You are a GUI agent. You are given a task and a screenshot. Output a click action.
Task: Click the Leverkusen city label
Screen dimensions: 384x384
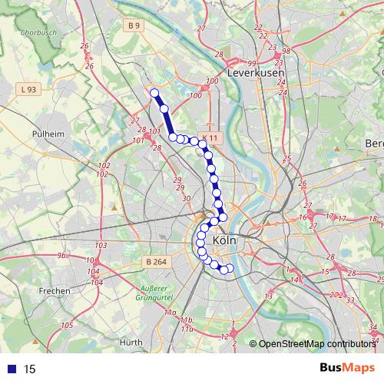pyautogui.click(x=257, y=72)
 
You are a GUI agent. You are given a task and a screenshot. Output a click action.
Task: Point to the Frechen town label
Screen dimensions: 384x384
pyautogui.click(x=55, y=291)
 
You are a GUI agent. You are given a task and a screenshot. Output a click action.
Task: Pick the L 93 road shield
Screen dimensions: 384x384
pyautogui.click(x=30, y=90)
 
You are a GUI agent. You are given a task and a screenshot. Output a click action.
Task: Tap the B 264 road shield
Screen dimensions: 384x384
pyautogui.click(x=156, y=262)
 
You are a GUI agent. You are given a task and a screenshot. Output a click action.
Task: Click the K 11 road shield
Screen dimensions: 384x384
pyautogui.click(x=210, y=138)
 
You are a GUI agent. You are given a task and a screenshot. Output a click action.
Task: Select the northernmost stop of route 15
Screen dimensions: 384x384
pyautogui.click(x=154, y=93)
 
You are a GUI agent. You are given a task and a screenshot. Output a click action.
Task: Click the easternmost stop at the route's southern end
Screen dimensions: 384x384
pyautogui.click(x=230, y=267)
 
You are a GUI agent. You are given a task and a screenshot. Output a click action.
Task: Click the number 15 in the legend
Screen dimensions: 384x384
pyautogui.click(x=30, y=369)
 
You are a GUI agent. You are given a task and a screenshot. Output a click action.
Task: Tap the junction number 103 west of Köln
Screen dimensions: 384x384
pyautogui.click(x=100, y=245)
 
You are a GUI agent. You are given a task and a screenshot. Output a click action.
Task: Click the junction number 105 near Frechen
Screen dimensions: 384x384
pyautogui.click(x=68, y=326)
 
